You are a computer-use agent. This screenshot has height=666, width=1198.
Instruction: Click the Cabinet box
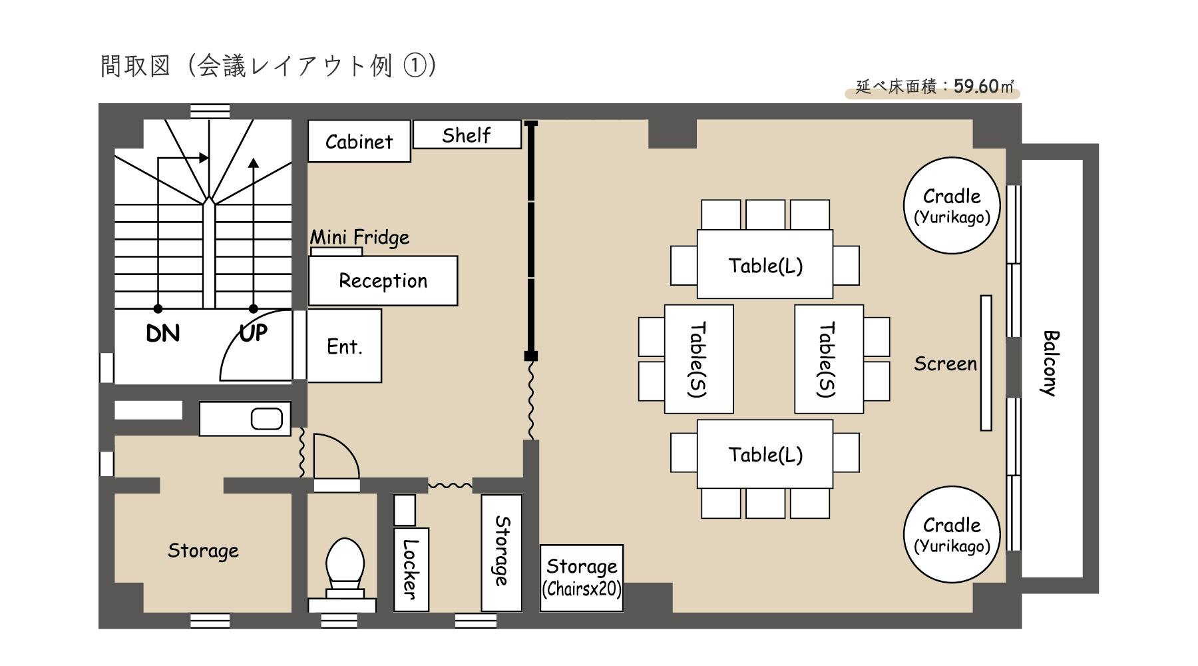pos(359,141)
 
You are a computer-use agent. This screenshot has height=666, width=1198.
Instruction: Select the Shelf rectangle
pos(467,135)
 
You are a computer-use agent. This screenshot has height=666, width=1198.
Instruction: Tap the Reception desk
pos(383,280)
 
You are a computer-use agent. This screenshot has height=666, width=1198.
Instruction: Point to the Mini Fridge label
pos(359,237)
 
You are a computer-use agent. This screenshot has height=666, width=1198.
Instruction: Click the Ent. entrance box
pos(344,346)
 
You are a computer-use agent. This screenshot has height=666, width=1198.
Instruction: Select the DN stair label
pos(163,333)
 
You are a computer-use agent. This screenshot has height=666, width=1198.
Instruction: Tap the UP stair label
pos(253,332)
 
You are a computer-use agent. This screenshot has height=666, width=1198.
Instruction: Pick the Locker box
pos(411,569)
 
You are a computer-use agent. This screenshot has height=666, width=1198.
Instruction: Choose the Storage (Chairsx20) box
pos(582,577)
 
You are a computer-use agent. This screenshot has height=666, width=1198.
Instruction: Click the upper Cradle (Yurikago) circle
pos(952,205)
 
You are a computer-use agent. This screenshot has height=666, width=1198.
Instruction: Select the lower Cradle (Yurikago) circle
pos(952,534)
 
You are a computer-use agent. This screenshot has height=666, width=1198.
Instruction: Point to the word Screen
pos(945,364)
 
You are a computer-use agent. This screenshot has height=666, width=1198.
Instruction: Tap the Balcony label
pos(1050,363)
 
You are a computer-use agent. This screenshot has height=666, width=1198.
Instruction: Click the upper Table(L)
pos(765,265)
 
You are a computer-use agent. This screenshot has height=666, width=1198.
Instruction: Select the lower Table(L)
pos(765,454)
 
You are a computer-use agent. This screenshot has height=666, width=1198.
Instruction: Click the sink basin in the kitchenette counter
pos(267,419)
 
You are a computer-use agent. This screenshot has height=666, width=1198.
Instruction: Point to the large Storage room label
pos(203,550)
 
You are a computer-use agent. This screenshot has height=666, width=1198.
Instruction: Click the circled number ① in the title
pos(415,66)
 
